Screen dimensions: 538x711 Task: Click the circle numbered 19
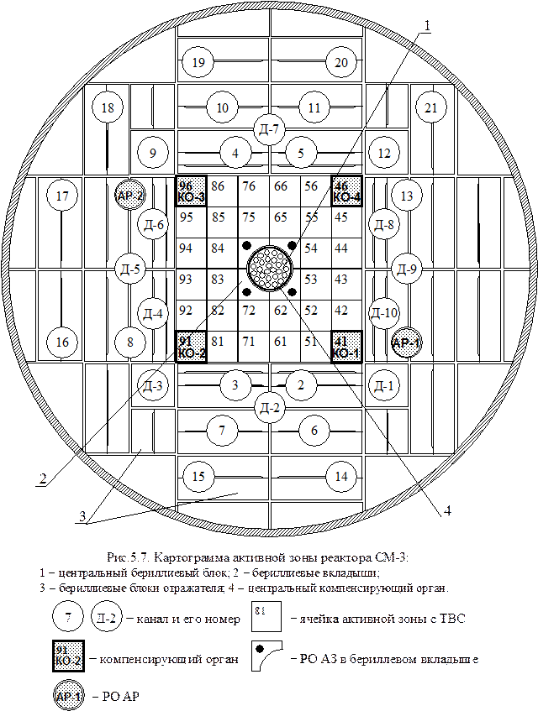pos(198,63)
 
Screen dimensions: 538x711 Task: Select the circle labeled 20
pos(341,63)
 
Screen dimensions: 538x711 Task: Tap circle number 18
pos(108,107)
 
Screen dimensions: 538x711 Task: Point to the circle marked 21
pos(431,107)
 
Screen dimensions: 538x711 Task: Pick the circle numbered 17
pos(61,197)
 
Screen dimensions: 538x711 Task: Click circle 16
pos(61,342)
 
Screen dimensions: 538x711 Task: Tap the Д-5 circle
pos(130,269)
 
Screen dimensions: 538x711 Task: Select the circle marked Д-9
pos(407,269)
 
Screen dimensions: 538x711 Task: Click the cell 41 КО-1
pos(346,346)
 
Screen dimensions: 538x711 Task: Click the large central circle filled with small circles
pos(269,269)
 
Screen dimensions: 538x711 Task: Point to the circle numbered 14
pos(341,477)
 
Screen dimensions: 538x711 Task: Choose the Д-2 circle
pos(270,408)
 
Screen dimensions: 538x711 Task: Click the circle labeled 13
pos(408,197)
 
